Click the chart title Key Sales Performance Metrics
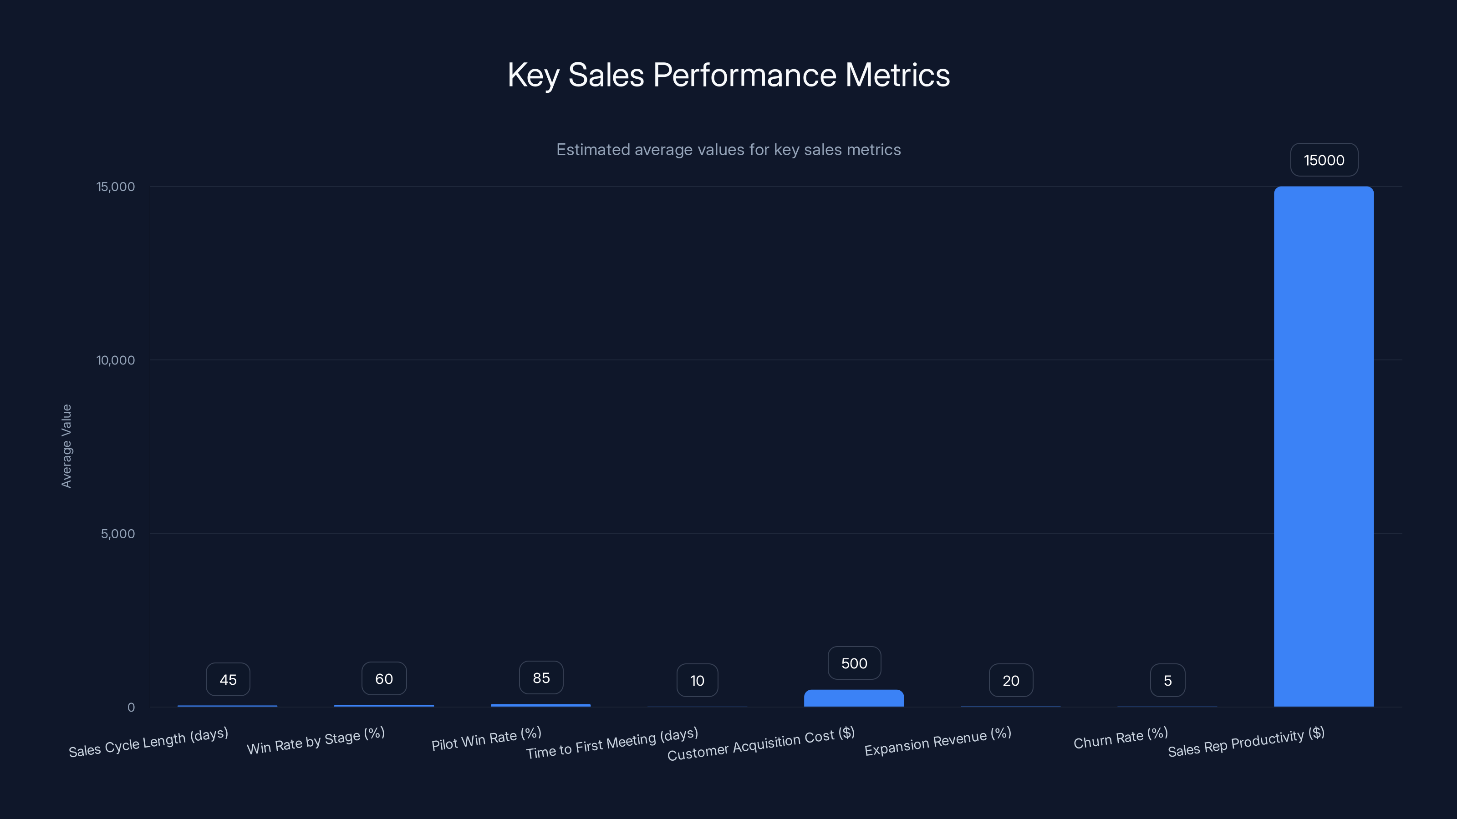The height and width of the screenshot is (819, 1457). click(x=728, y=75)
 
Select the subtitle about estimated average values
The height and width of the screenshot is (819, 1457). click(x=728, y=150)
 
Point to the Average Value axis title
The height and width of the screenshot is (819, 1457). click(x=67, y=446)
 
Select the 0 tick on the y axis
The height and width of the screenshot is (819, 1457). click(x=131, y=708)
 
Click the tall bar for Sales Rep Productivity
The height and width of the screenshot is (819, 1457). click(x=1324, y=446)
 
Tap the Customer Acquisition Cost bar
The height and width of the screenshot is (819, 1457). click(x=854, y=698)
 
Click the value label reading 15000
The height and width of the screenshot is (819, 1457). click(x=1324, y=161)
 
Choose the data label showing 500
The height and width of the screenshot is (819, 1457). click(x=854, y=663)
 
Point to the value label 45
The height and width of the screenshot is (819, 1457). click(x=228, y=680)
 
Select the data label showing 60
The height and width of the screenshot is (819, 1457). click(x=384, y=679)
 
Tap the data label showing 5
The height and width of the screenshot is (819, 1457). click(x=1167, y=681)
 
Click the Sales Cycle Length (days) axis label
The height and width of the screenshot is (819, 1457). click(x=148, y=742)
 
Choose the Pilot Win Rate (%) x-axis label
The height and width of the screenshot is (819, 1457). click(x=486, y=739)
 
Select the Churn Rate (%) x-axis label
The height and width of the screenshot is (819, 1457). click(x=1121, y=738)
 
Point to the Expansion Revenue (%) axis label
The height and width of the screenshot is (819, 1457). click(x=938, y=742)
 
